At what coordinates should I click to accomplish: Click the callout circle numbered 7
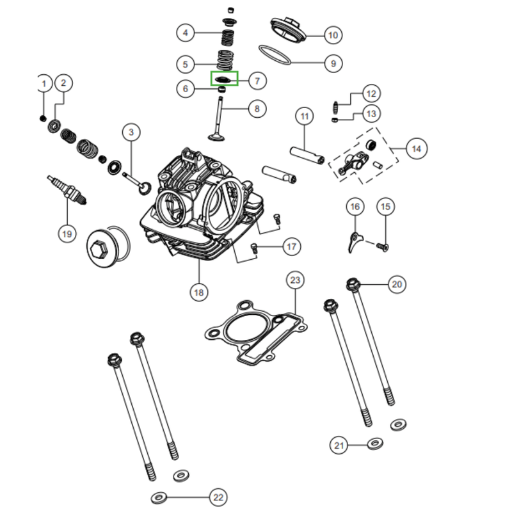click(257, 81)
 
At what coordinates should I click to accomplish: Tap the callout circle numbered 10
click(333, 35)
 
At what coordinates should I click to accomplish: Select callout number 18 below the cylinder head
click(199, 292)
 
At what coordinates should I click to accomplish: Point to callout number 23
click(295, 280)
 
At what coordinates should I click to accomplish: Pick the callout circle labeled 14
click(417, 148)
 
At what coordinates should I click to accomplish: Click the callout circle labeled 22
click(218, 497)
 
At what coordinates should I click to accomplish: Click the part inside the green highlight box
click(223, 79)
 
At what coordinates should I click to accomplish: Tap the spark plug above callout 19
click(67, 189)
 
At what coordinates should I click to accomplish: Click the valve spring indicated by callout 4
click(228, 37)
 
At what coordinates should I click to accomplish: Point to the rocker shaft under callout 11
click(307, 156)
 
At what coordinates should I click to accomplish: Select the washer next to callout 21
click(375, 443)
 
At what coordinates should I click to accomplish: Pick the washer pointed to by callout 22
click(159, 498)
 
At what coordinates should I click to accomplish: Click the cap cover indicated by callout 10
click(288, 29)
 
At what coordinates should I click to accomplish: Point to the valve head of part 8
click(216, 136)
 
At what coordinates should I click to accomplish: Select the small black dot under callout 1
click(43, 118)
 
